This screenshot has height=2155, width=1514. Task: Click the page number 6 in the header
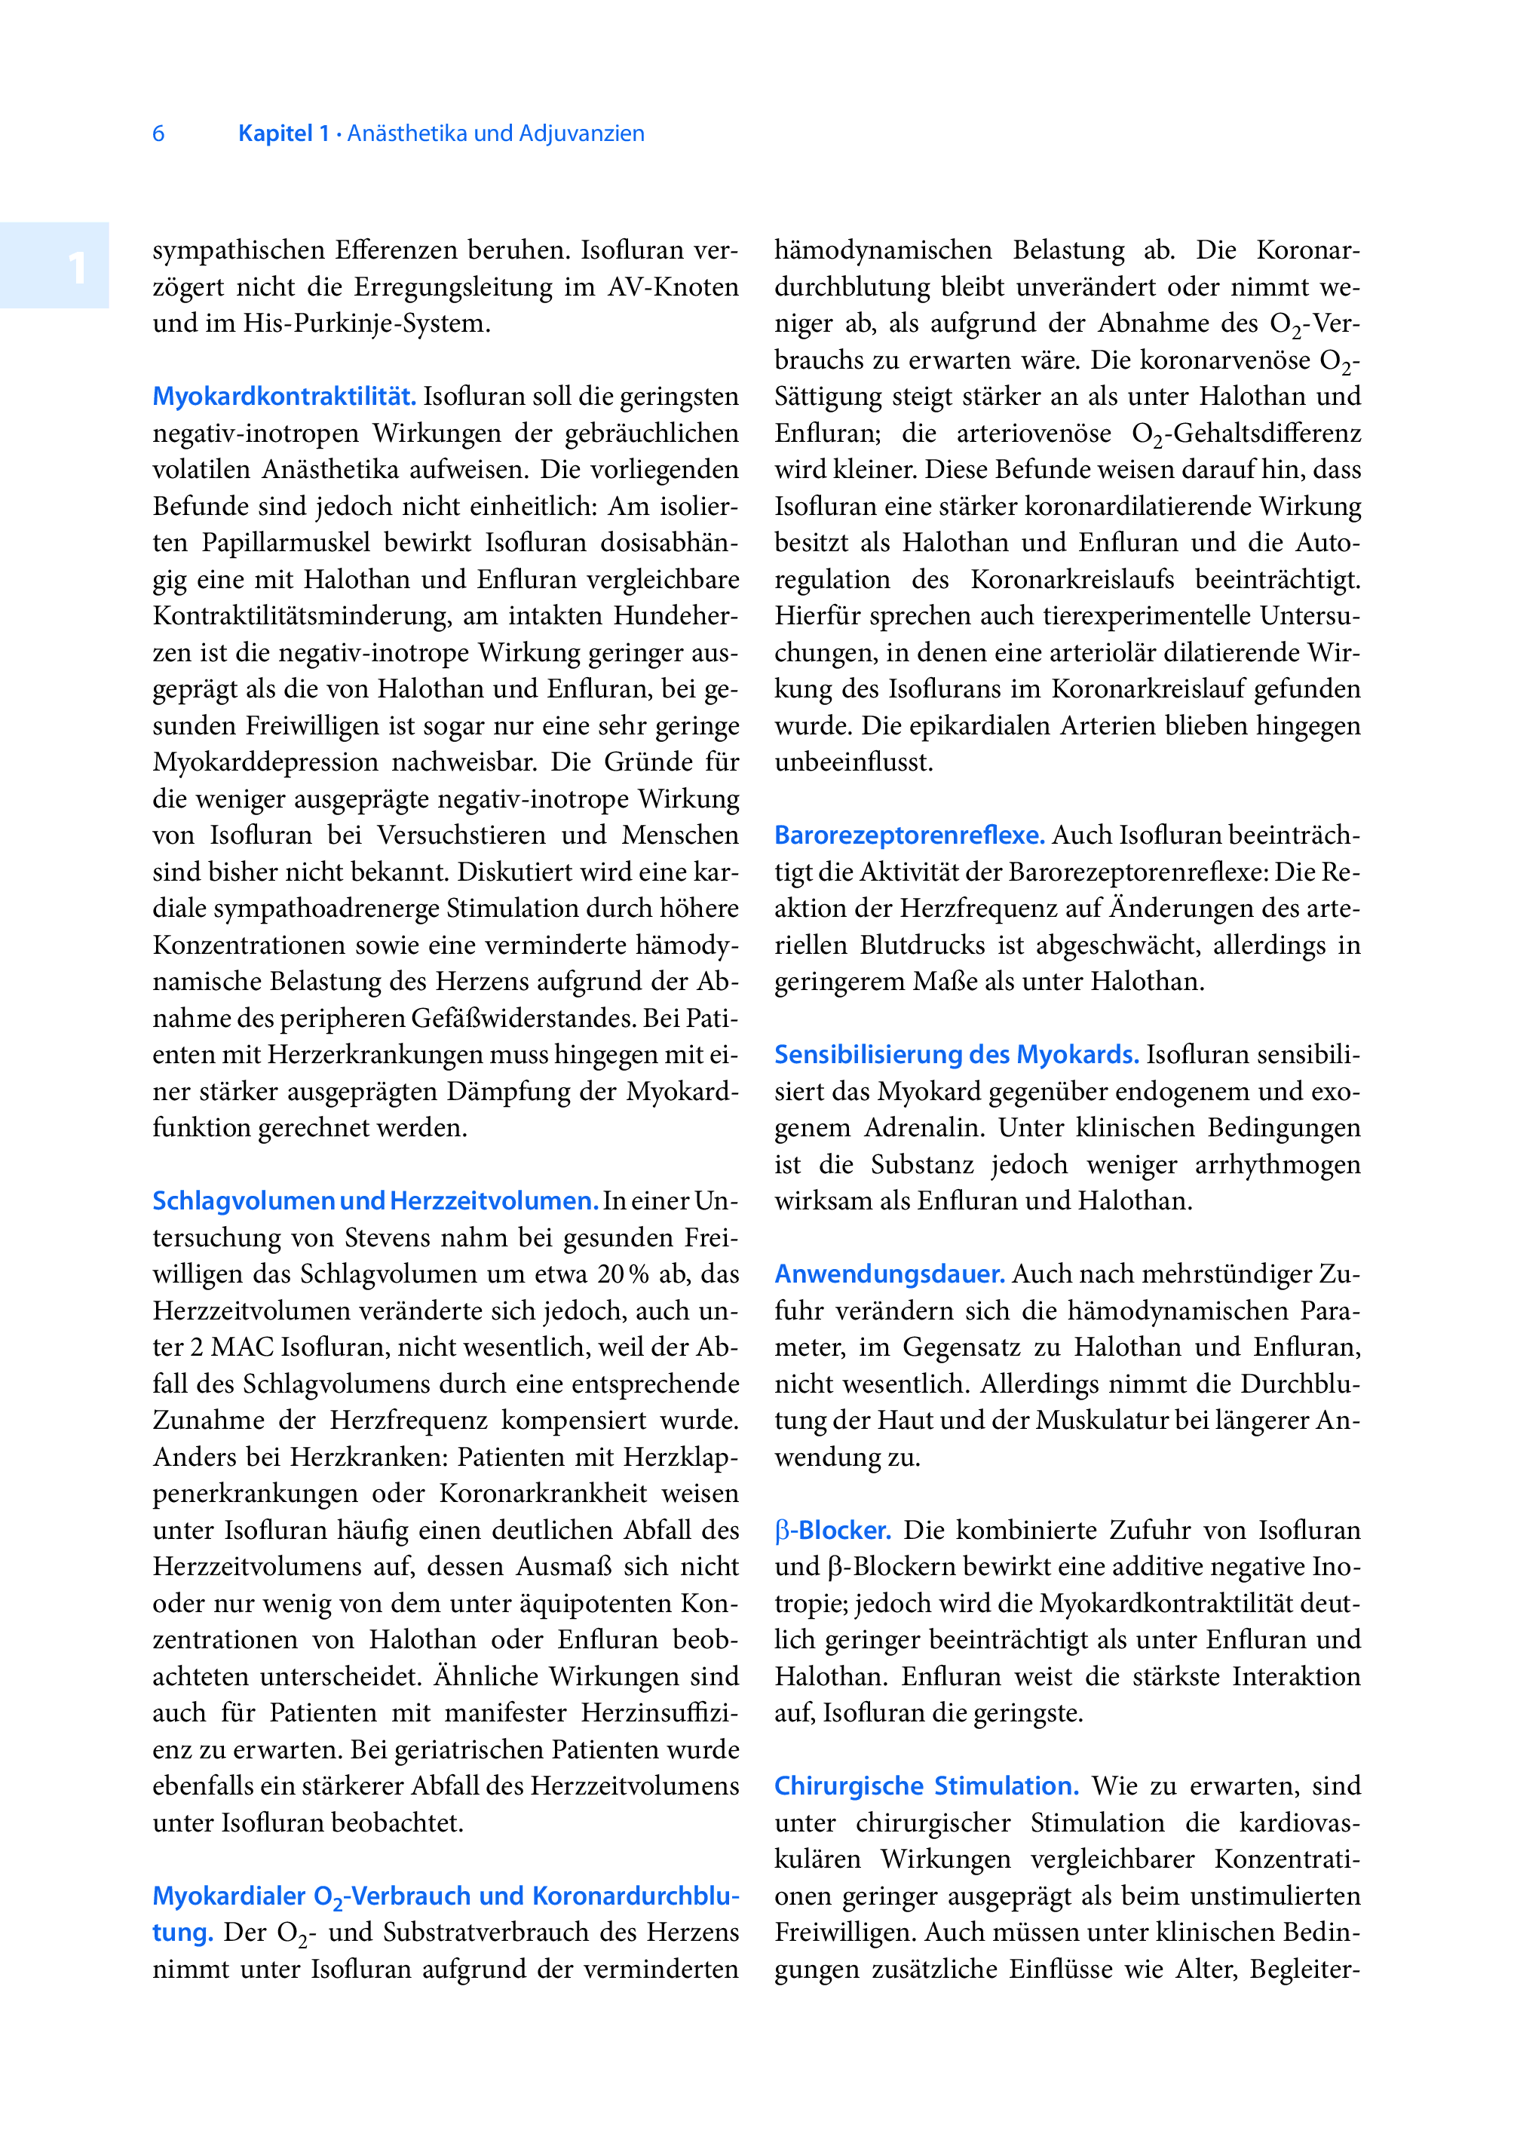click(158, 133)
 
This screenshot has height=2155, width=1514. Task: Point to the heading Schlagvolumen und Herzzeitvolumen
click(375, 1200)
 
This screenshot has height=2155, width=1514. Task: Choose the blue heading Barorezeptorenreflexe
click(909, 835)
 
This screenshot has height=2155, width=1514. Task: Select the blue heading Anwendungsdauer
click(889, 1274)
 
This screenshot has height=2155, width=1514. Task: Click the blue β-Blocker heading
click(832, 1530)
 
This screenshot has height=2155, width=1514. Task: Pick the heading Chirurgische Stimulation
click(925, 1786)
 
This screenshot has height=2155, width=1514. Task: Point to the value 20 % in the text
click(624, 1274)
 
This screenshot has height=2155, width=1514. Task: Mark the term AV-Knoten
click(672, 287)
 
